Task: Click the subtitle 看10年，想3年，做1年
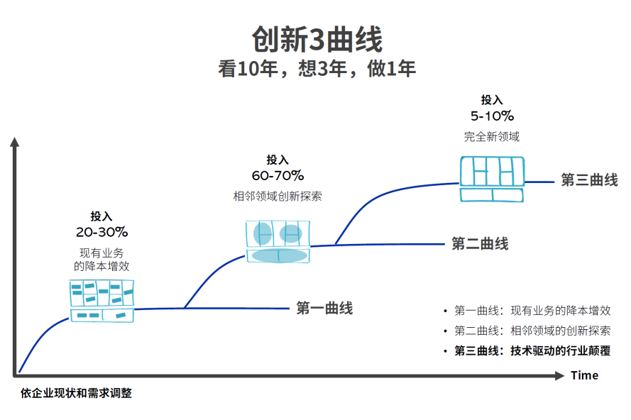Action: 317,70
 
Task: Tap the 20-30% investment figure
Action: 101,232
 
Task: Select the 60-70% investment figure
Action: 278,175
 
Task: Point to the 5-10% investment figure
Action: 492,116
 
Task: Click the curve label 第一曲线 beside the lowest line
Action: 324,308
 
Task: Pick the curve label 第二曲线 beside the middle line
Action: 480,244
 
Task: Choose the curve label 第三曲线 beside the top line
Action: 589,180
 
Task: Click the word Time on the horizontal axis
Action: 584,375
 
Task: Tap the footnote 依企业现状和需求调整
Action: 76,393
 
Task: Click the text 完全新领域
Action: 492,136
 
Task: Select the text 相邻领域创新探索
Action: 278,196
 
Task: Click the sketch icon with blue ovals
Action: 278,241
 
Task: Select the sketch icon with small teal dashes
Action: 101,301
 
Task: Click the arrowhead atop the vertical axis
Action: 13,142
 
